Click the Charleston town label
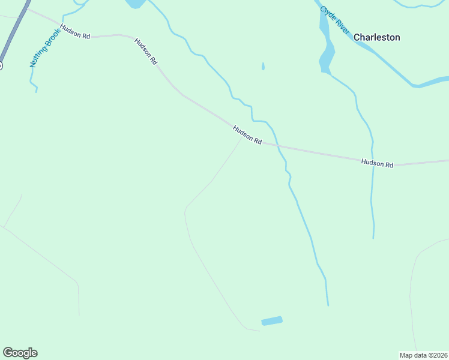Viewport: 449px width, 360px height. [x=376, y=37]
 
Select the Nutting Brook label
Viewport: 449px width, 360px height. [x=46, y=47]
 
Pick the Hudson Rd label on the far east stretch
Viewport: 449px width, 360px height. [x=377, y=163]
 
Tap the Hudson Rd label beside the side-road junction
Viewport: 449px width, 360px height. [x=247, y=134]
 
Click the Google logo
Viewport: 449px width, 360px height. [x=20, y=353]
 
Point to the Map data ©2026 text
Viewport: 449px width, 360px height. [x=423, y=355]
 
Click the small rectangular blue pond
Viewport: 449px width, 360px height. [x=272, y=321]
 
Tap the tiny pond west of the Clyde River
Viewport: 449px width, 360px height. [x=263, y=66]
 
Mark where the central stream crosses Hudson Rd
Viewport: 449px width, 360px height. [x=277, y=145]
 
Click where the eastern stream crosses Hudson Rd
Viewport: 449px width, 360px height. [x=373, y=160]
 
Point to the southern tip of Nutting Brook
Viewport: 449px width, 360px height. [x=36, y=91]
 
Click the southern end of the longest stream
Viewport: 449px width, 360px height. [x=328, y=305]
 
